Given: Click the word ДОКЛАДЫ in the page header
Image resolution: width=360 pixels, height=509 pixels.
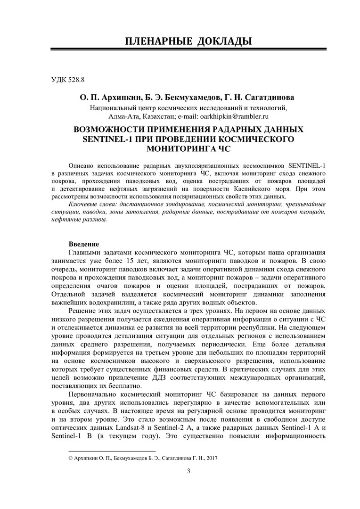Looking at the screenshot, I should coord(218,41).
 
